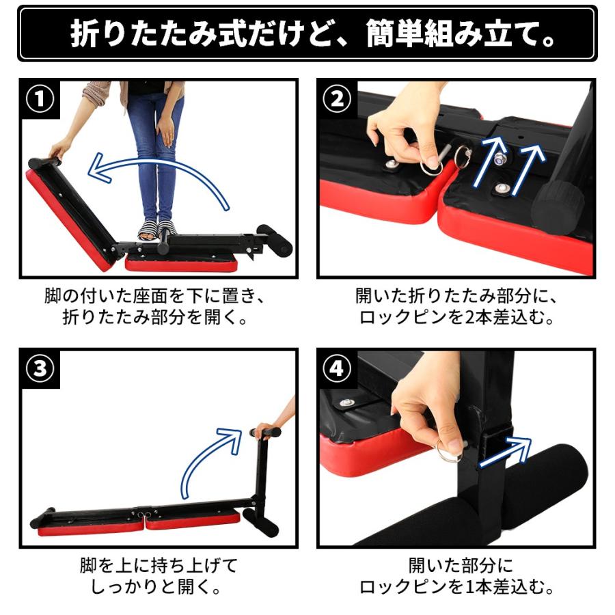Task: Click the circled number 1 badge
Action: (40, 100)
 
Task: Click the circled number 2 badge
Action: (337, 100)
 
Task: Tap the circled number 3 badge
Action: (40, 370)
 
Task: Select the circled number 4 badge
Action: (337, 370)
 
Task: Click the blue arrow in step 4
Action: (506, 451)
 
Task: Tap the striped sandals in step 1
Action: (157, 230)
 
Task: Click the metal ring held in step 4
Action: (448, 452)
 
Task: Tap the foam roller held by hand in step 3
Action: (266, 433)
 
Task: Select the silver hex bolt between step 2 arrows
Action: (500, 159)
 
